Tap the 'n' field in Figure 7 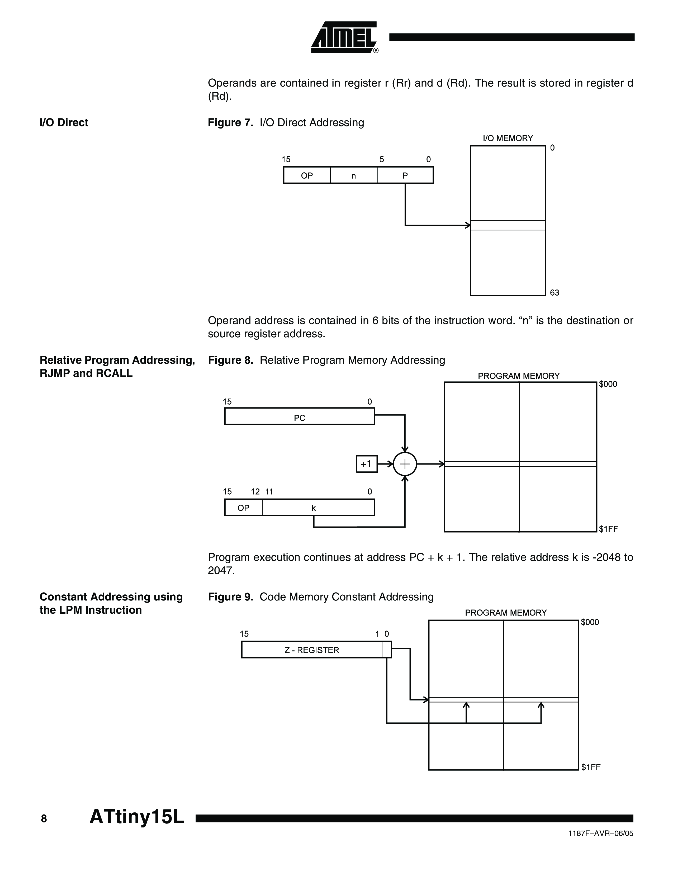pos(354,176)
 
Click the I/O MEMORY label pos(508,138)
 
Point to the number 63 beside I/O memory pos(554,293)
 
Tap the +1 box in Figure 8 pos(366,464)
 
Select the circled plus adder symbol pos(405,464)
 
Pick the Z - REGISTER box pos(312,650)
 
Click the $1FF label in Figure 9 pos(590,767)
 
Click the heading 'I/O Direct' pos(64,122)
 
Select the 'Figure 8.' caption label pos(230,360)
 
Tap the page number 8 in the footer pos(44,819)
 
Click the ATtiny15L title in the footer pos(137,817)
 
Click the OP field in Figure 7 pos(307,176)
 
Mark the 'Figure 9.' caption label pos(230,597)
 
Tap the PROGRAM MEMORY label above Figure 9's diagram pos(506,613)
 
